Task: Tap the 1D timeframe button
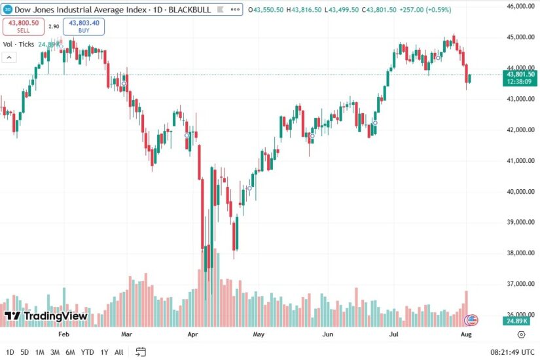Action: (9, 352)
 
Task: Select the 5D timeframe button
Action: (24, 352)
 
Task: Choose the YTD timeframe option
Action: (87, 352)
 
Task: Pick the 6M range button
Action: (70, 352)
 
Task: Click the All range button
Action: (118, 352)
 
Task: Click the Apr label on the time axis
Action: (193, 334)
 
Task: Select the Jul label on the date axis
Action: (395, 334)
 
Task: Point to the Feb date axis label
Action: (63, 334)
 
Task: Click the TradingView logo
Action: (46, 316)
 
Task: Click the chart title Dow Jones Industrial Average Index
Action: (72, 10)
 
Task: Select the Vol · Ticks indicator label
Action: (18, 45)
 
